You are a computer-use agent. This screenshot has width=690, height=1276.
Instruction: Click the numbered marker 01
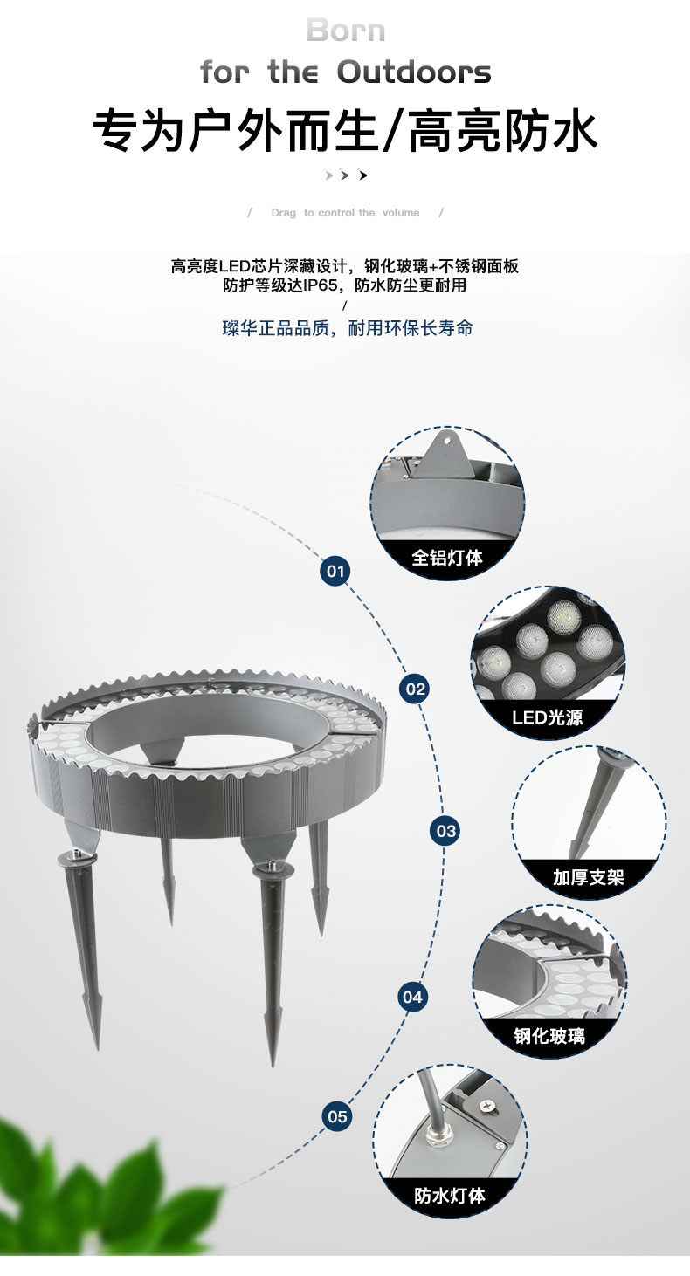tap(335, 571)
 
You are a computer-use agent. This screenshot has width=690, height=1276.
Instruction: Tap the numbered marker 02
tap(415, 689)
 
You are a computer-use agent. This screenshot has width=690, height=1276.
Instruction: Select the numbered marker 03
tap(445, 831)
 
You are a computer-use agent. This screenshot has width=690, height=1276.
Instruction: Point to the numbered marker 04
tap(411, 997)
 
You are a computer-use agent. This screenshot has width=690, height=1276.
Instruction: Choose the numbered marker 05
tap(337, 1116)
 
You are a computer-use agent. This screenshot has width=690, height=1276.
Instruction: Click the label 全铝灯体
tap(448, 557)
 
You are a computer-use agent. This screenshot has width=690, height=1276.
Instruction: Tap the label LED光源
tap(547, 717)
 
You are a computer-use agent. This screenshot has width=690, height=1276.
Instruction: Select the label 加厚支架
tap(588, 877)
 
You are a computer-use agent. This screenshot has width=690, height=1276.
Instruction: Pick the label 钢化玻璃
tap(549, 1036)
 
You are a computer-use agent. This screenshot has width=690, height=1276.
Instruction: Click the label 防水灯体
tap(450, 1195)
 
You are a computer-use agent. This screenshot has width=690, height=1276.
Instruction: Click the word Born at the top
tap(346, 31)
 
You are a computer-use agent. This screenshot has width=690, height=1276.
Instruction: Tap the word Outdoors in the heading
tap(413, 72)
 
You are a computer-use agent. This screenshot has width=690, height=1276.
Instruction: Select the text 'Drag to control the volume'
tap(345, 213)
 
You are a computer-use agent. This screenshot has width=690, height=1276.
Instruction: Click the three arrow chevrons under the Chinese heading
tap(346, 175)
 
